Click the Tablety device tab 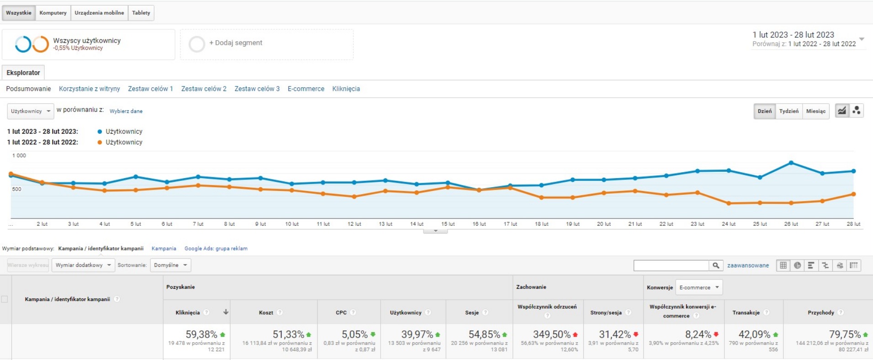point(141,13)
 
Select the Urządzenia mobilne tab point(99,13)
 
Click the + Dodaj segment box point(266,44)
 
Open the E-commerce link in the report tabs point(306,89)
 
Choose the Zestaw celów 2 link point(204,89)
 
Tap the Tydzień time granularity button point(789,111)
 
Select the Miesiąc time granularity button point(815,111)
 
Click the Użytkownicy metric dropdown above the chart point(30,111)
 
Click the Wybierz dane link point(126,111)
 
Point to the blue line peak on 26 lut point(791,163)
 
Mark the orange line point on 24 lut point(729,203)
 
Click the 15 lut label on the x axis point(448,224)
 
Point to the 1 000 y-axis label point(19,156)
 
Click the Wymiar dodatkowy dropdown point(83,265)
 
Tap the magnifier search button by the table point(716,265)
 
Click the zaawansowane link point(748,265)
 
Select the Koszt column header point(266,312)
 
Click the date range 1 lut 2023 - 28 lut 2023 point(793,35)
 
